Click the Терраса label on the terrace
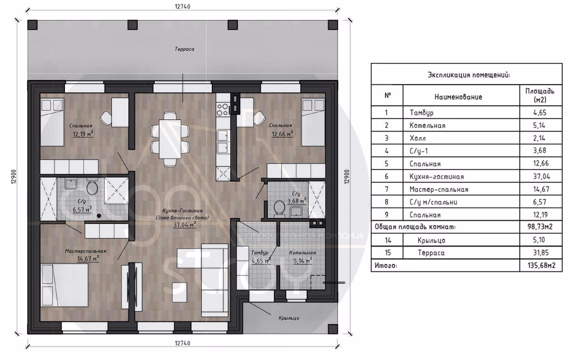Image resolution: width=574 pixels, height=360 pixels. (184, 48)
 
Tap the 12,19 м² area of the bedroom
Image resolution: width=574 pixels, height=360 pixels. (83, 134)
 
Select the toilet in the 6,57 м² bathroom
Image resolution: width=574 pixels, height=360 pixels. (91, 187)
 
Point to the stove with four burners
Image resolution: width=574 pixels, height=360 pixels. (223, 108)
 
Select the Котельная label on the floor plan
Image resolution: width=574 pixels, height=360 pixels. (302, 252)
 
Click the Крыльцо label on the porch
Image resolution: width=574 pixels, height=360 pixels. (289, 318)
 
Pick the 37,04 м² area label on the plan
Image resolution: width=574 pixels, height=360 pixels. (185, 224)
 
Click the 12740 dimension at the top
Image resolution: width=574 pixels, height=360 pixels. (182, 6)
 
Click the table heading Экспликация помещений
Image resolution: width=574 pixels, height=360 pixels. (469, 75)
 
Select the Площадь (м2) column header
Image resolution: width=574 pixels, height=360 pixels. (540, 95)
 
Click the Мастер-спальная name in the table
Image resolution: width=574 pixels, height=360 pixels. (439, 189)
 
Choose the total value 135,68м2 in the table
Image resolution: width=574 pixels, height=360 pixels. (540, 265)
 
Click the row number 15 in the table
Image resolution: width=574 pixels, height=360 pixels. (388, 252)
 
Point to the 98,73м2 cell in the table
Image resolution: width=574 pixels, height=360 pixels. (540, 226)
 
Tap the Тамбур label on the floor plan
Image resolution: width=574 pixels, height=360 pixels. (260, 252)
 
